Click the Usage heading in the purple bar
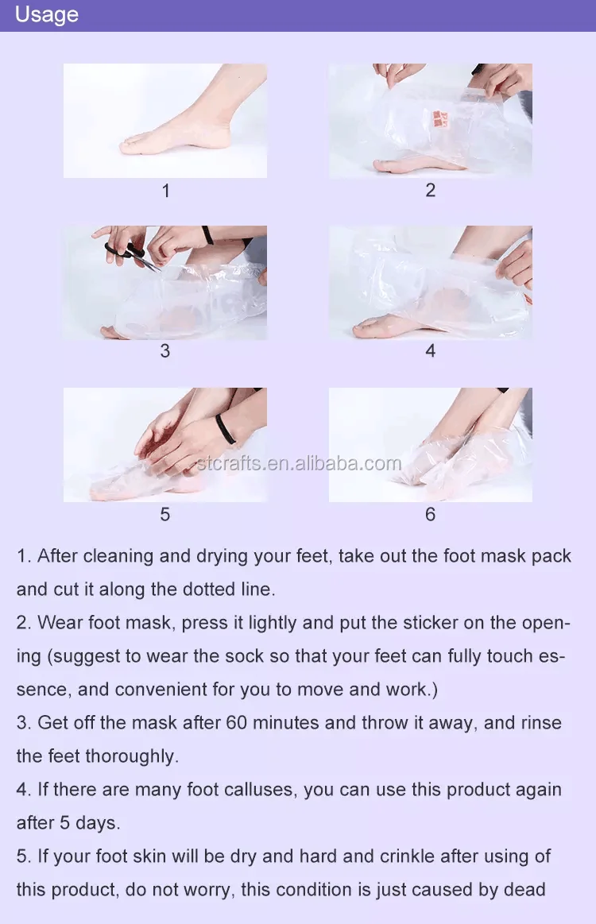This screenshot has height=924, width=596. coord(47,15)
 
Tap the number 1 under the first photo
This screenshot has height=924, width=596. coord(165,191)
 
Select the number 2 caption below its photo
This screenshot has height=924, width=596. coord(431,191)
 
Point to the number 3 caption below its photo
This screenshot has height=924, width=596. coord(165,351)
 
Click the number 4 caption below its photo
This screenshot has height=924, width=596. coord(431,351)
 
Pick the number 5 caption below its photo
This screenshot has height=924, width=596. coord(165,515)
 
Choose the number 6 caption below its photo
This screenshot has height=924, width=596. coord(431,515)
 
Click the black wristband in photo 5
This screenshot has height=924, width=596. coord(225,428)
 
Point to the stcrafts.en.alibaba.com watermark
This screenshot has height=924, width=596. coord(298,464)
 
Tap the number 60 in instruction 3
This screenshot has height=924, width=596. coord(236,723)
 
